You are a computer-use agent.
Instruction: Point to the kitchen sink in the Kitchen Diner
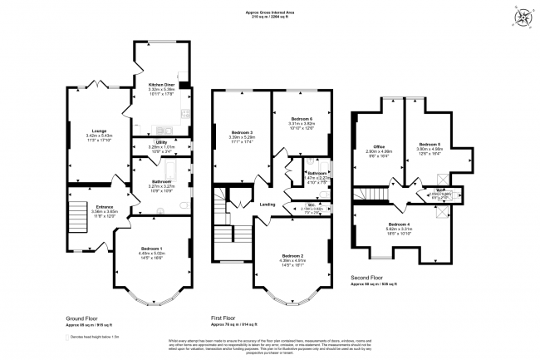point(161,128)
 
